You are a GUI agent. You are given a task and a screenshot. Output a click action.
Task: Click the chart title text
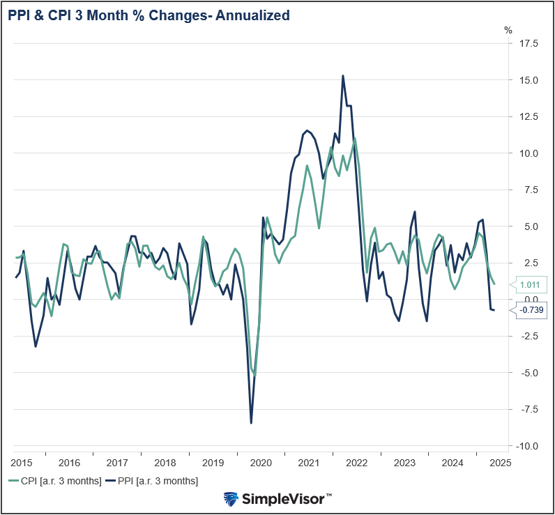click(x=149, y=15)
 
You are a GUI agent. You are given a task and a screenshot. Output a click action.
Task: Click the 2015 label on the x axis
click(x=22, y=462)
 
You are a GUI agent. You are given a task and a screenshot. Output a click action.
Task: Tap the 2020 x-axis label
click(x=260, y=462)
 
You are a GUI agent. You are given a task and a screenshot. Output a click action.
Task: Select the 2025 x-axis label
click(x=500, y=462)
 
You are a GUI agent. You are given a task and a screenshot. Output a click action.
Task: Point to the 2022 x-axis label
click(x=356, y=462)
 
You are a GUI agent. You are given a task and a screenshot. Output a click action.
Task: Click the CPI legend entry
click(x=55, y=481)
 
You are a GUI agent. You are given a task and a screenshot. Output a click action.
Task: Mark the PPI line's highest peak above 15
click(x=343, y=76)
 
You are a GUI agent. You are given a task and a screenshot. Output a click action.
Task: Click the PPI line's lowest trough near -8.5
click(x=251, y=422)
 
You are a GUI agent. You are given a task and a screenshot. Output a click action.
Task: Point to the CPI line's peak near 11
click(x=355, y=138)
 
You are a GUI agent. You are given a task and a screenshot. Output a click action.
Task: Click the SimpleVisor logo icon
click(x=231, y=498)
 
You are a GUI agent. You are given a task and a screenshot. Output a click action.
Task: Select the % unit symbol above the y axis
click(x=508, y=30)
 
